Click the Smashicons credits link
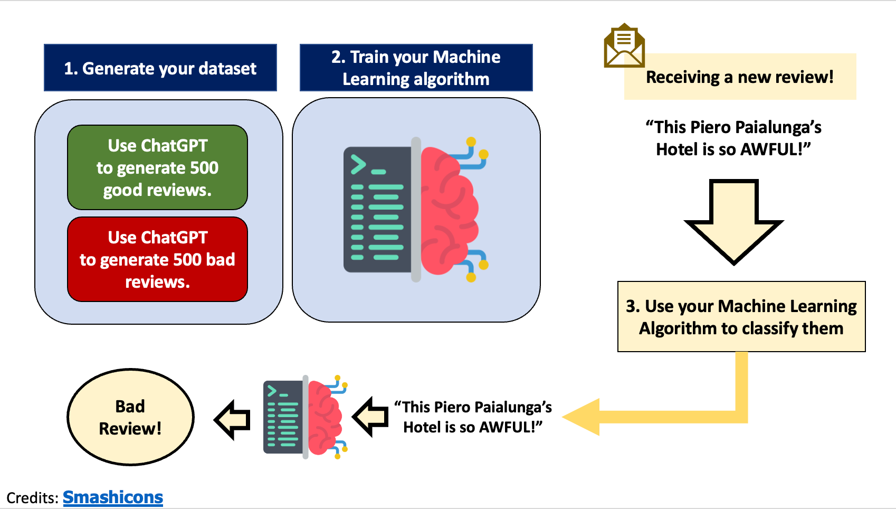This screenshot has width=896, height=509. pyautogui.click(x=113, y=497)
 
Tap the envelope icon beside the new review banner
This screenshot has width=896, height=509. pyautogui.click(x=624, y=46)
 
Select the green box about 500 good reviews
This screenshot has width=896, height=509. pyautogui.click(x=157, y=167)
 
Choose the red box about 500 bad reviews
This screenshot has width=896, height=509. pyautogui.click(x=157, y=259)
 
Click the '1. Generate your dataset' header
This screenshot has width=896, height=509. pyautogui.click(x=160, y=68)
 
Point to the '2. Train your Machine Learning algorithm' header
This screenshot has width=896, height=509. pyautogui.click(x=416, y=68)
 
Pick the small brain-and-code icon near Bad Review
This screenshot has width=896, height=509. pyautogui.click(x=305, y=417)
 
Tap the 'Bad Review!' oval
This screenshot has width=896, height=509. pyautogui.click(x=130, y=417)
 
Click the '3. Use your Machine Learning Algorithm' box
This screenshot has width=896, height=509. pyautogui.click(x=741, y=317)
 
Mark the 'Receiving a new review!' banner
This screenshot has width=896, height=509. pyautogui.click(x=740, y=77)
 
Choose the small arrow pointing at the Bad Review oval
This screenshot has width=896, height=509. pyautogui.click(x=233, y=420)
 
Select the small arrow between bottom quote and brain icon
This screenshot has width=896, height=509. pyautogui.click(x=371, y=417)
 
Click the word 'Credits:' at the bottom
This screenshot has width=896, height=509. pyautogui.click(x=32, y=498)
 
